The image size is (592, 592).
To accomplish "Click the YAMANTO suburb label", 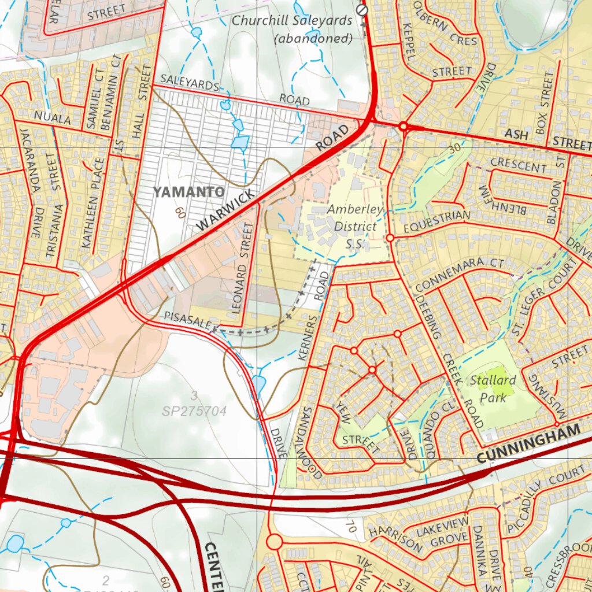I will pyautogui.click(x=181, y=191).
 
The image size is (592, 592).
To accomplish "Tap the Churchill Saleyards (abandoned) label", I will pyautogui.click(x=292, y=29).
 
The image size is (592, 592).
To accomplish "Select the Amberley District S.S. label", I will pyautogui.click(x=354, y=226).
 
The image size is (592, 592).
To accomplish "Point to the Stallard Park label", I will pyautogui.click(x=493, y=388).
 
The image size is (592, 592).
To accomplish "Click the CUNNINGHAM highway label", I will pyautogui.click(x=528, y=444).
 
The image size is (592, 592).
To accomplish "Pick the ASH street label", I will pyautogui.click(x=517, y=134).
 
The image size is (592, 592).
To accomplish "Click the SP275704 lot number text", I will pyautogui.click(x=194, y=411).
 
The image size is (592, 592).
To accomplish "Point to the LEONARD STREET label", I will pyautogui.click(x=242, y=269).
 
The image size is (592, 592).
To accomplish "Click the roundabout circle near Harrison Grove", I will pyautogui.click(x=274, y=542).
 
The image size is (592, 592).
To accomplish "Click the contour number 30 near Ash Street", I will pyautogui.click(x=455, y=148).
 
